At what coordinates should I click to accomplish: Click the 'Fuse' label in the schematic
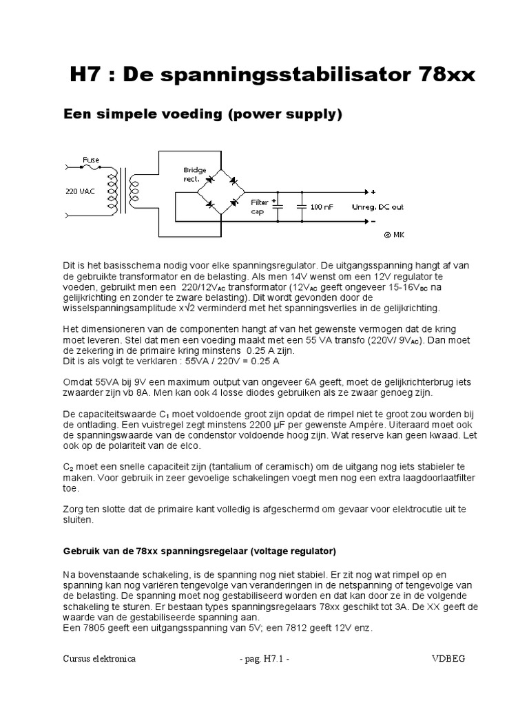[x=92, y=159]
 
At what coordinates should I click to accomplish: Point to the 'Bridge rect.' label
[x=191, y=173]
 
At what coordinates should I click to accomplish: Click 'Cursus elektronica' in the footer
[x=98, y=659]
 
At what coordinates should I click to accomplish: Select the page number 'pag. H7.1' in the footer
[x=264, y=659]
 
